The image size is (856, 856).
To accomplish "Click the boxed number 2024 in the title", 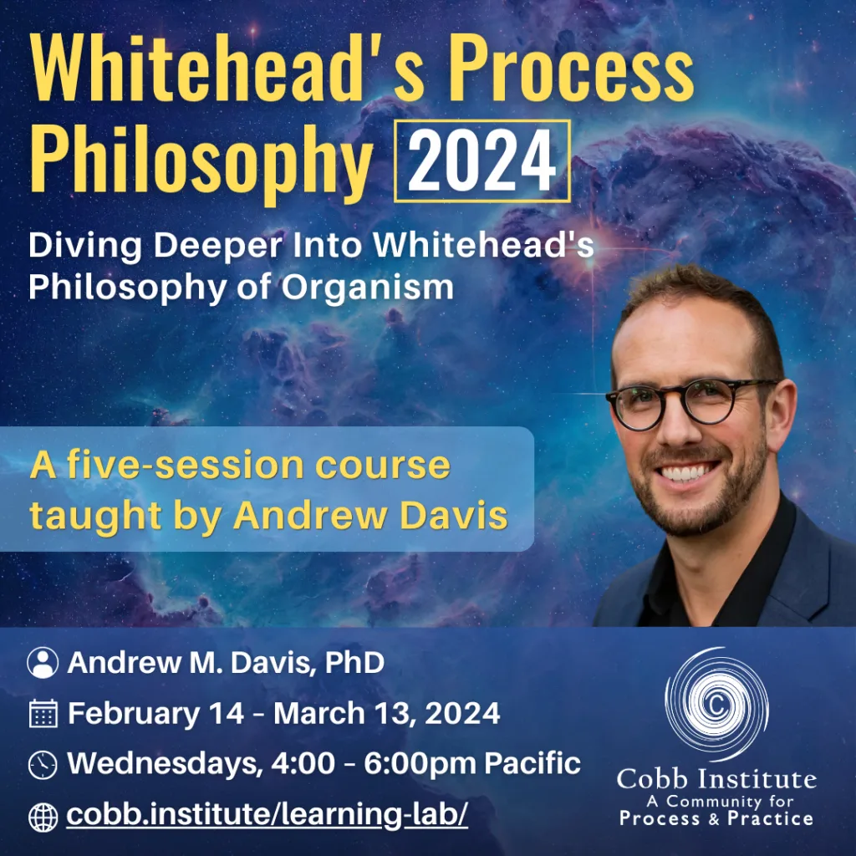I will pyautogui.click(x=482, y=160).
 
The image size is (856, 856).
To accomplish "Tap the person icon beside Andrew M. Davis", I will pyautogui.click(x=43, y=663).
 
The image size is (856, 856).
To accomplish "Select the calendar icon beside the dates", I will pyautogui.click(x=43, y=713).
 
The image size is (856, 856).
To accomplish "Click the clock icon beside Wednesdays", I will pyautogui.click(x=43, y=763).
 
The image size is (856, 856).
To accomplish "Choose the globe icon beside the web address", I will pyautogui.click(x=43, y=816).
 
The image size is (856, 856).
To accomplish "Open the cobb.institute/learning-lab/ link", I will pyautogui.click(x=267, y=814).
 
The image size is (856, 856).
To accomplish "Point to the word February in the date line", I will pyautogui.click(x=129, y=713).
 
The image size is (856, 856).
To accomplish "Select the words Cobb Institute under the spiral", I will pyautogui.click(x=716, y=780).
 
